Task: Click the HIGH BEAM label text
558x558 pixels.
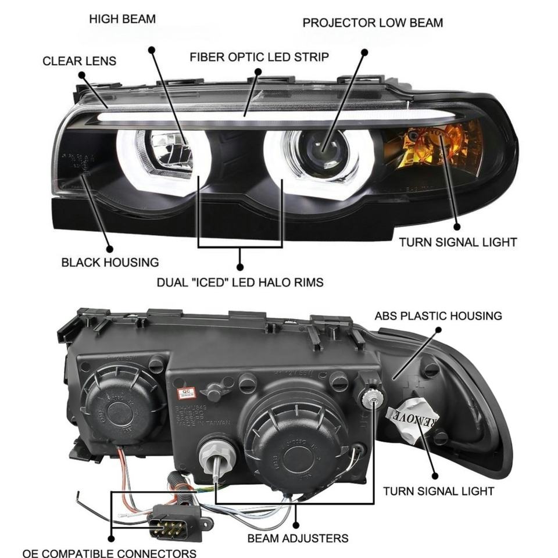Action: (122, 19)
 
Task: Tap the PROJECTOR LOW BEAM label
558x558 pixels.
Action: (373, 23)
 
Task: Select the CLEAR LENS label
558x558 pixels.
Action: (79, 61)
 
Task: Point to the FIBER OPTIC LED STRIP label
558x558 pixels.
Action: (259, 57)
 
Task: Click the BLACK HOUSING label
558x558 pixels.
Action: (110, 262)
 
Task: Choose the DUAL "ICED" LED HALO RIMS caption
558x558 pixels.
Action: (240, 283)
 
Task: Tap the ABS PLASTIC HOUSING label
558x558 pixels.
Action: (438, 316)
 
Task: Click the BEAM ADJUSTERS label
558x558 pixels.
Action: (298, 538)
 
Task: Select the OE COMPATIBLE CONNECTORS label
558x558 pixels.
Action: (109, 553)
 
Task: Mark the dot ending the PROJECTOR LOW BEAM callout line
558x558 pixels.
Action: (364, 52)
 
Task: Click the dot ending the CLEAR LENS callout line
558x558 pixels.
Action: (81, 75)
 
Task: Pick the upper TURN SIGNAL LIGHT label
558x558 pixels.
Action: (457, 242)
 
